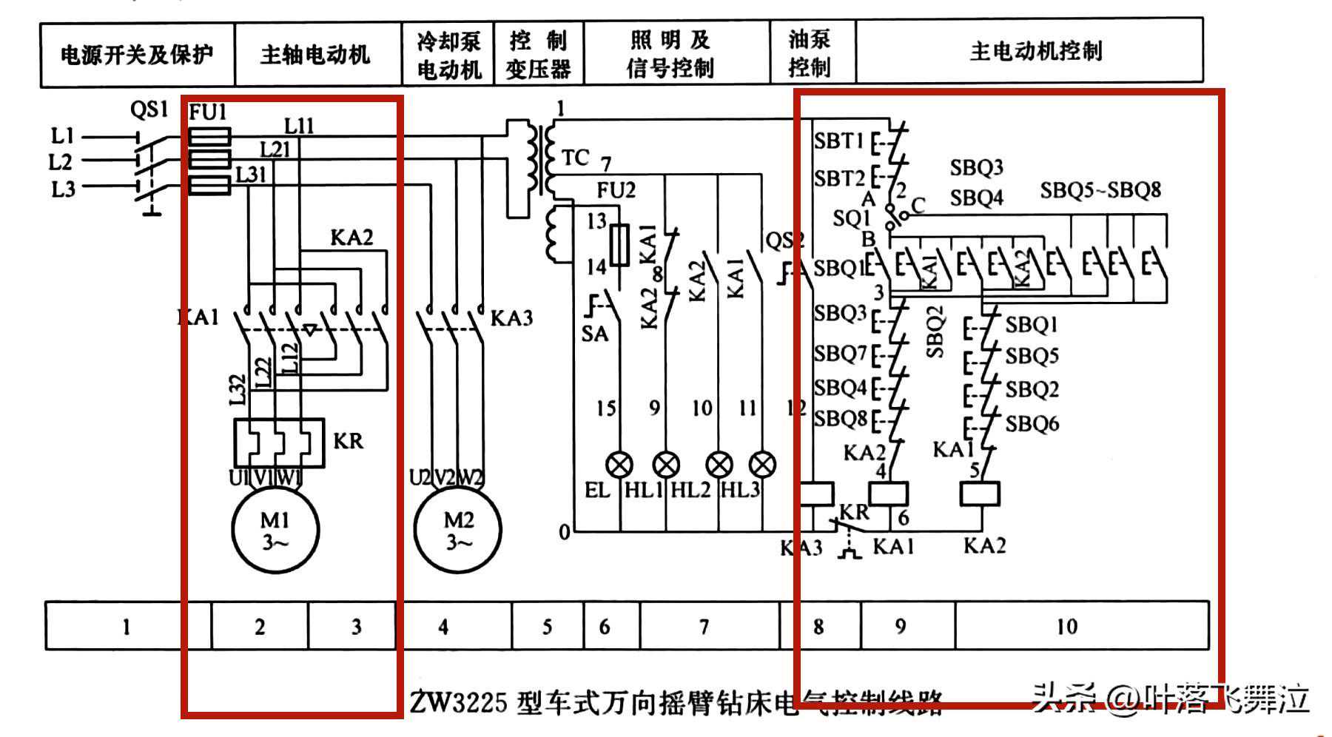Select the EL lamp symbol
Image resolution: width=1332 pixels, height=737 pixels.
619,465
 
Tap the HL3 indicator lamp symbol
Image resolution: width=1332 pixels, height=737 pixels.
762,465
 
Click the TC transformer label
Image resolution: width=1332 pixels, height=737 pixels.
575,158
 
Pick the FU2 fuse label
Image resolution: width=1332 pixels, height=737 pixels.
616,191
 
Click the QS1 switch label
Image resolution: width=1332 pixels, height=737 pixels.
149,110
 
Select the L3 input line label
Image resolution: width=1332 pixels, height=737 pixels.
63,189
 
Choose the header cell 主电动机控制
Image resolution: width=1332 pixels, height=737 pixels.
1036,51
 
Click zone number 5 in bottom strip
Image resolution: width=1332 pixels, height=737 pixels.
547,627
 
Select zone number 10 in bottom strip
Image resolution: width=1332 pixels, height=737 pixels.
1066,627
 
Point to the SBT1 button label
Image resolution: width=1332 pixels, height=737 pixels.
839,141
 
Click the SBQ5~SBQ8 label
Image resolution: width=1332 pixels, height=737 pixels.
1100,190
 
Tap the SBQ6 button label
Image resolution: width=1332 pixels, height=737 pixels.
1032,424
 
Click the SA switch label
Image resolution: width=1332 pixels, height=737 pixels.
594,334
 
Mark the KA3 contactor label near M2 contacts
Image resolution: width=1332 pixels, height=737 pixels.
511,318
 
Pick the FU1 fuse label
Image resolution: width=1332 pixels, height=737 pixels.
208,112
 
